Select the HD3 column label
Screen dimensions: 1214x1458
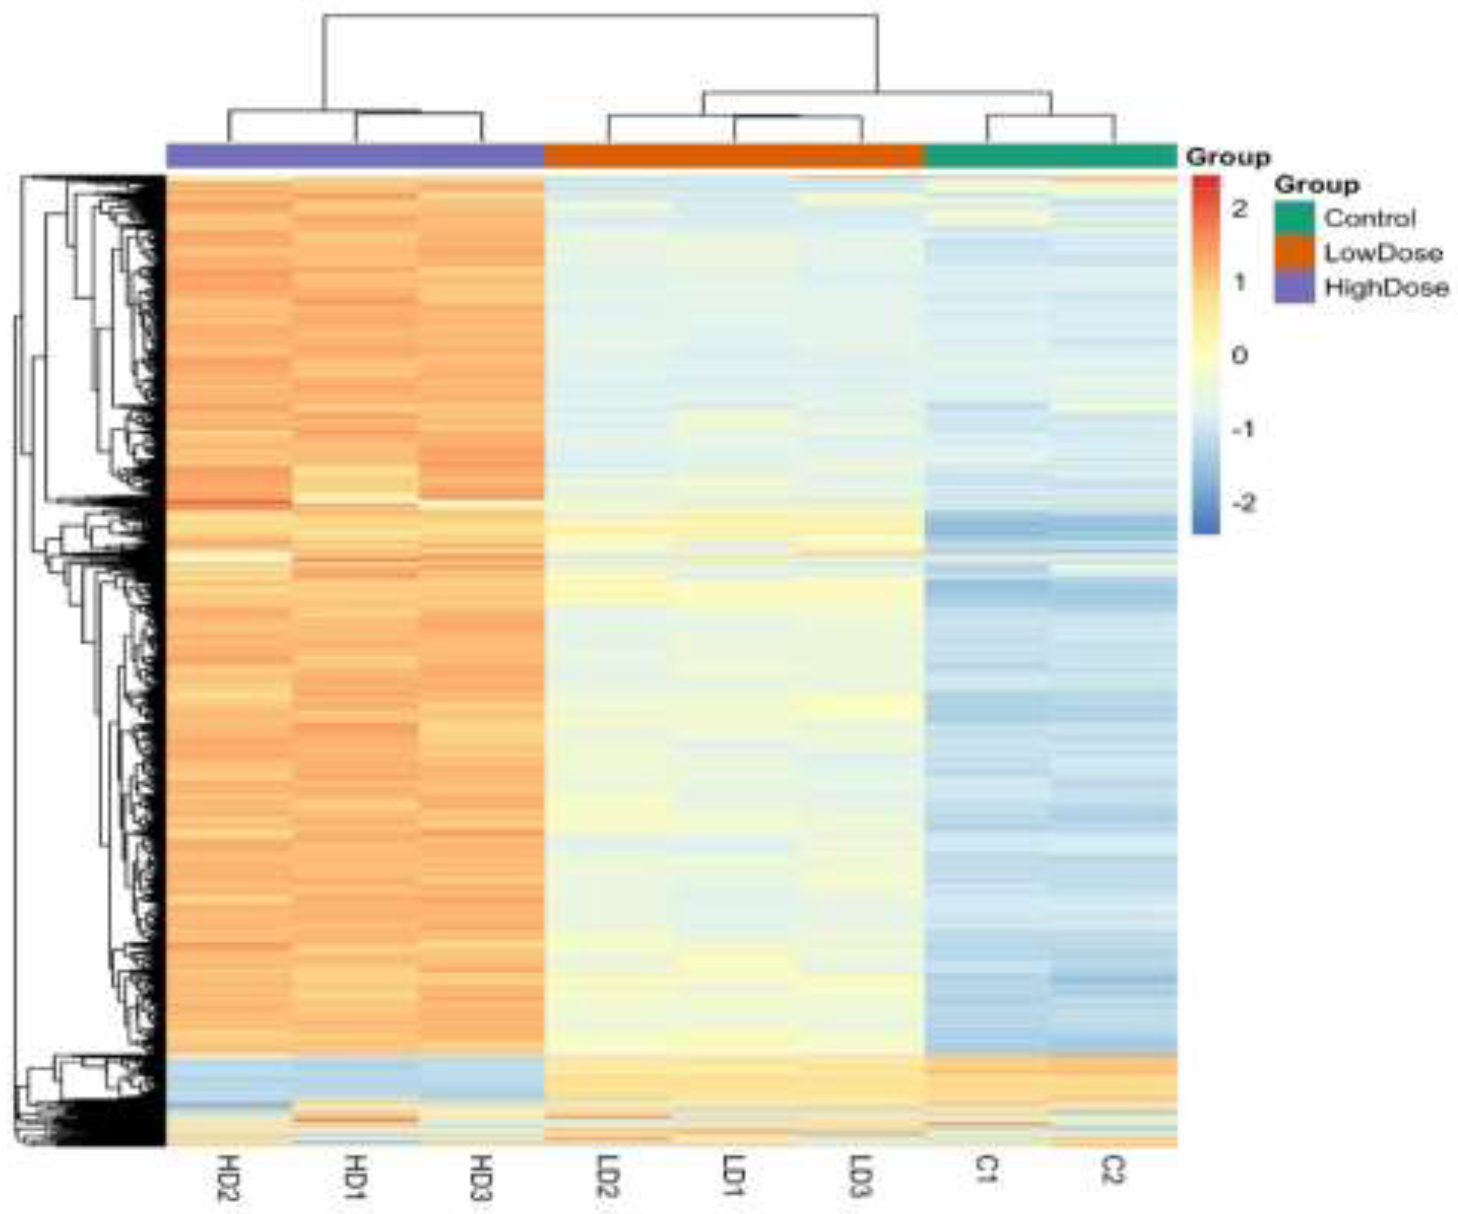[481, 1178]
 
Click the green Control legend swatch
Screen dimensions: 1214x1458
[1295, 218]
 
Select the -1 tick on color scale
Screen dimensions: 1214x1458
[1243, 429]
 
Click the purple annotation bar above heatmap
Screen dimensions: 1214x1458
[355, 156]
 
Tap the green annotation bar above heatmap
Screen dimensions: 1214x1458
[1051, 156]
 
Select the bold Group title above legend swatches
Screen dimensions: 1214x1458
[1316, 185]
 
